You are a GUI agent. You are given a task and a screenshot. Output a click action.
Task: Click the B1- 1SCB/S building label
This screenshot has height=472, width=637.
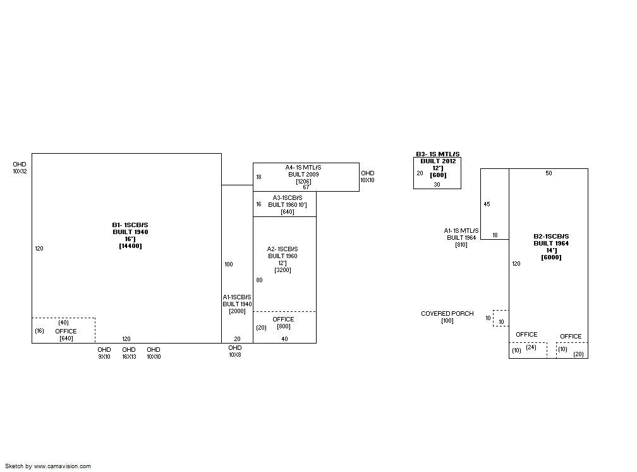tap(130, 225)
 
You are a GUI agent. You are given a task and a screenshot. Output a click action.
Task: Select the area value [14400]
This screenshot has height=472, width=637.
tap(130, 246)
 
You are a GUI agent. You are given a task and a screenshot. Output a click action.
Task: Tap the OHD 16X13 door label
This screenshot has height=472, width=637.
tap(129, 353)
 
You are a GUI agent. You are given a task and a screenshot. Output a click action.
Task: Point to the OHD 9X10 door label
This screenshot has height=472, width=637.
tap(104, 353)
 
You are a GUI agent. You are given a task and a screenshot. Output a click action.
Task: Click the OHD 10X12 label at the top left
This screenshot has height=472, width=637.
tap(20, 168)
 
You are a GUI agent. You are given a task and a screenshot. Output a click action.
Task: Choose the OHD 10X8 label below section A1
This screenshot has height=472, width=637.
tap(235, 351)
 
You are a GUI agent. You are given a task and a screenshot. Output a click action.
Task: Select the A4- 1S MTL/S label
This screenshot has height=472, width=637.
tap(303, 168)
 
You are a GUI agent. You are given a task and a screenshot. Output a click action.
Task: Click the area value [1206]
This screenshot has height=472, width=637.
tap(303, 182)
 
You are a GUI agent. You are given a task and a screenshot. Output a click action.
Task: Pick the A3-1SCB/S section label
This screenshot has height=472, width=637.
tap(287, 198)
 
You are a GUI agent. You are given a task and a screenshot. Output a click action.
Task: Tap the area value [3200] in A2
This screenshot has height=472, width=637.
tap(282, 270)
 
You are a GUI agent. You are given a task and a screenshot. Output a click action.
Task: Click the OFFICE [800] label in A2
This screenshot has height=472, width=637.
tap(283, 323)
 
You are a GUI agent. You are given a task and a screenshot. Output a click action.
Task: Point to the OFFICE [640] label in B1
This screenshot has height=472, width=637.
tap(66, 335)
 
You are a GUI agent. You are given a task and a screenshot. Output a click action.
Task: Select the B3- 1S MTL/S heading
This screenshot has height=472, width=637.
tap(437, 154)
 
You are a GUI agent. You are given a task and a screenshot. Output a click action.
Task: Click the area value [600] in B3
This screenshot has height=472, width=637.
tap(438, 175)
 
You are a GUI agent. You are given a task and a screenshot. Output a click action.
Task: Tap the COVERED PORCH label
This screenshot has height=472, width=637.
tap(447, 314)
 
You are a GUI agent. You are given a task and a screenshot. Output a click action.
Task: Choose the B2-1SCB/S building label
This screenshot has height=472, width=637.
tap(551, 237)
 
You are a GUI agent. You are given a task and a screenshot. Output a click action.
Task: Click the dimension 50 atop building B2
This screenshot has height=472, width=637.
tap(549, 173)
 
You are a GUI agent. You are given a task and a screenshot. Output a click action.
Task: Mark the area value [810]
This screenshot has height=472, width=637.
tap(461, 245)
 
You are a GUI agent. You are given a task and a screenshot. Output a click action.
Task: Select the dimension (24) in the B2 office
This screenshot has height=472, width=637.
tap(531, 347)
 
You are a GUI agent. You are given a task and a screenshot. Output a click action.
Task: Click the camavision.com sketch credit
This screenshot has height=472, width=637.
tap(48, 466)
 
